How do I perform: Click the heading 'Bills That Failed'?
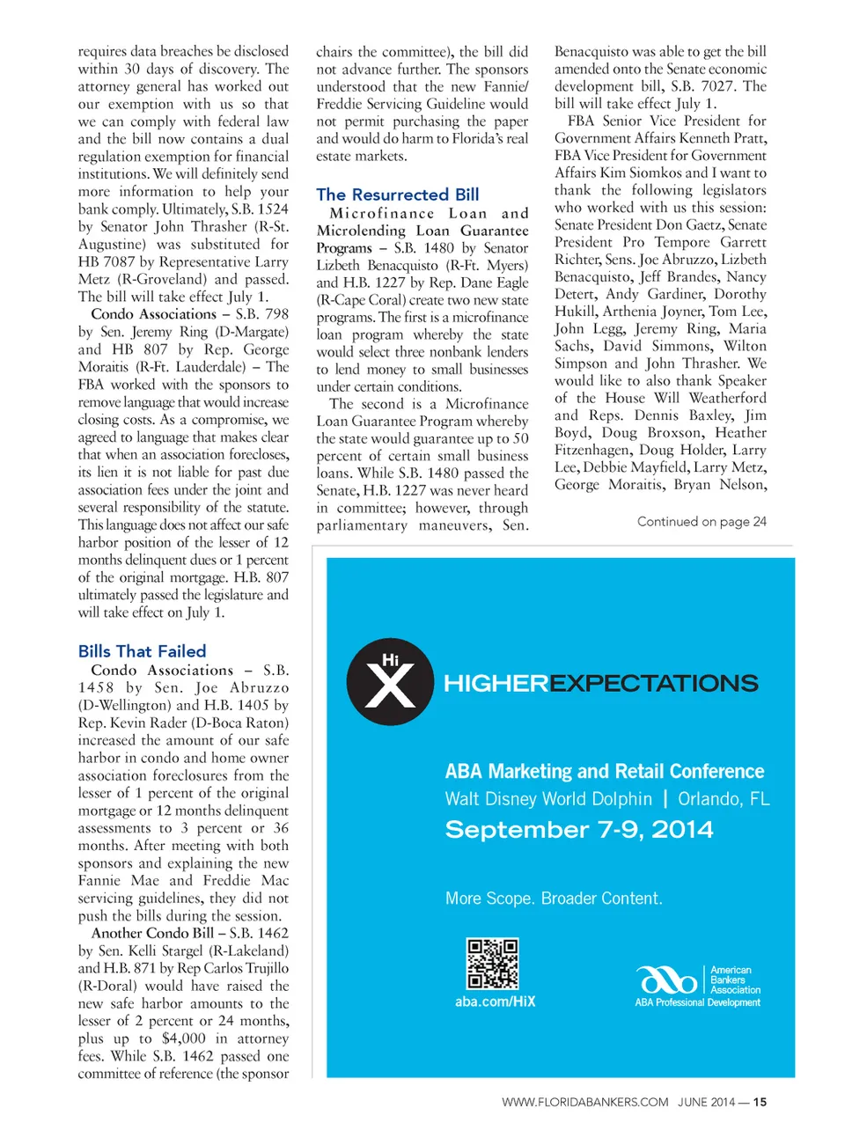(142, 651)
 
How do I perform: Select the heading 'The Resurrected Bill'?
(398, 194)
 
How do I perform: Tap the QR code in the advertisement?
(493, 964)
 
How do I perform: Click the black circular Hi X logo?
(390, 682)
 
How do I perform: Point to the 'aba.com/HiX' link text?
(495, 1002)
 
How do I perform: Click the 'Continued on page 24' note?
(702, 521)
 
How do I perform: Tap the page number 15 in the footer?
(760, 1102)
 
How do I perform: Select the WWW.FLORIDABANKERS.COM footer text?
(584, 1102)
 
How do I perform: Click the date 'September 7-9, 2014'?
(579, 830)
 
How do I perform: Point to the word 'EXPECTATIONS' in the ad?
(654, 684)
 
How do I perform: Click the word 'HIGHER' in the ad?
(496, 684)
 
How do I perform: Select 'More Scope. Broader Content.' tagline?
(554, 899)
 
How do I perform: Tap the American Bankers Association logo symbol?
(668, 979)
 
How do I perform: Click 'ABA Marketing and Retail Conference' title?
(605, 772)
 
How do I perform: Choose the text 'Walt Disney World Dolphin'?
(548, 799)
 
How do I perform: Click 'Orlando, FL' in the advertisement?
(724, 799)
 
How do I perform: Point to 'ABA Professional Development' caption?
(697, 1002)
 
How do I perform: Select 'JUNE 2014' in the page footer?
(706, 1102)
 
